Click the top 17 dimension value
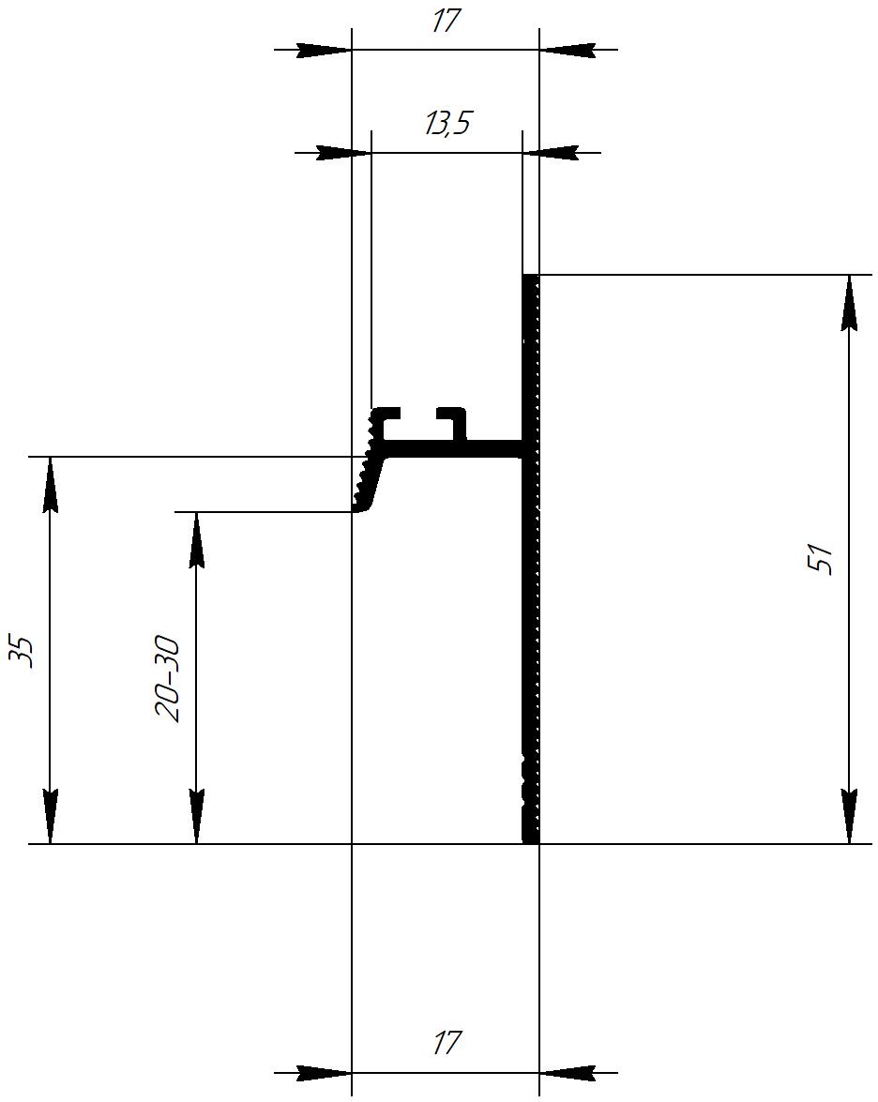(x=445, y=21)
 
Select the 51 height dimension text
(x=820, y=559)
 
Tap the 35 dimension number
(x=20, y=652)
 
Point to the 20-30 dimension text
(x=167, y=679)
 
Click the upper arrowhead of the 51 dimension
(x=850, y=302)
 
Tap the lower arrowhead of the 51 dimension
(x=850, y=816)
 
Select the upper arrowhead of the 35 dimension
(x=50, y=484)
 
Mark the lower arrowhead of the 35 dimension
(x=50, y=816)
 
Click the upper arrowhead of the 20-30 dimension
(x=197, y=539)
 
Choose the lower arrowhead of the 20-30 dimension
(x=197, y=816)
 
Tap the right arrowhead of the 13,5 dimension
(x=551, y=152)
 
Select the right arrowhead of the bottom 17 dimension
(x=567, y=1073)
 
